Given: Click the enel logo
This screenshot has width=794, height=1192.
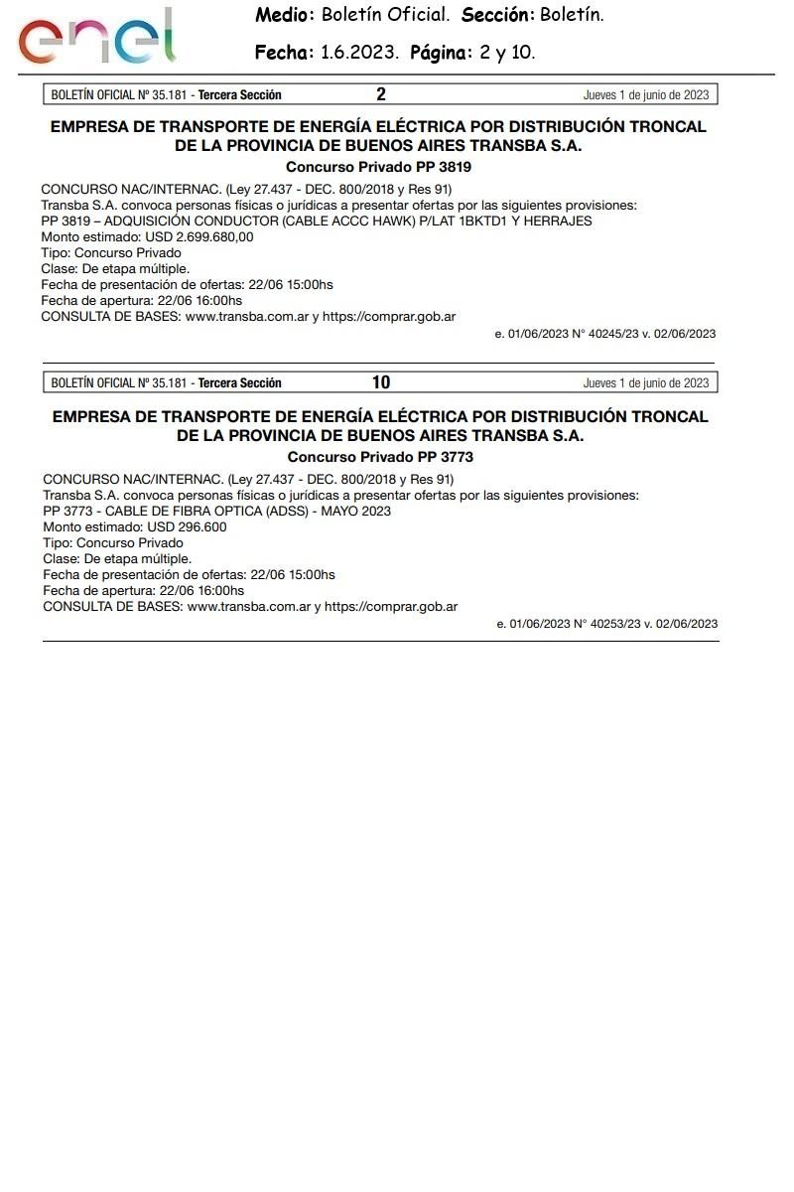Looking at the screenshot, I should [95, 37].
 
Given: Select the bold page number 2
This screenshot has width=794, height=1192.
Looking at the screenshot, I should [381, 95].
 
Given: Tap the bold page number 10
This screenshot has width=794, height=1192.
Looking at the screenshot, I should [381, 382].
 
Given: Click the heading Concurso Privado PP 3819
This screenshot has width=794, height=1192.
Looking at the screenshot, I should [378, 167].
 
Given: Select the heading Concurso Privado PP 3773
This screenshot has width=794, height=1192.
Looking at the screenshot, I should [380, 457].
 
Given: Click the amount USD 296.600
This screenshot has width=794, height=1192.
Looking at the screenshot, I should [187, 526].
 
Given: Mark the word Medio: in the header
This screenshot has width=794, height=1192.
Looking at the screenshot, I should [285, 15].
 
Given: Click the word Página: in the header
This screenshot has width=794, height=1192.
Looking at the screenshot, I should [442, 53].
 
